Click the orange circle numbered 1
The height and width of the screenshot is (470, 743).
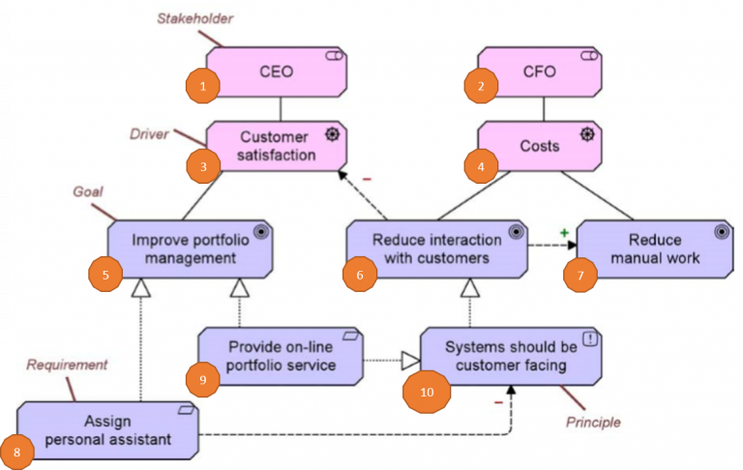click(203, 86)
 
